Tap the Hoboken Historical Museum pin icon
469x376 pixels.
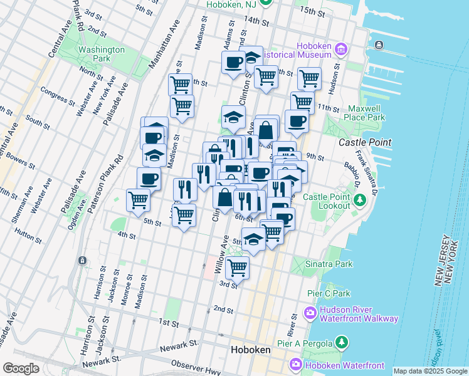(x=341, y=49)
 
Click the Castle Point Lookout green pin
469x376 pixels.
(x=360, y=200)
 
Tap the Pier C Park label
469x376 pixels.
(x=328, y=293)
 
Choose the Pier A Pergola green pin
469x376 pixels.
(x=342, y=342)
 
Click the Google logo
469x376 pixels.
(x=21, y=368)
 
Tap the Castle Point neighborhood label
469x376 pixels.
(x=361, y=143)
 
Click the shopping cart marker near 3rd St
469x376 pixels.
(x=238, y=268)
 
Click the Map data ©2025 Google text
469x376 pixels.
(x=429, y=371)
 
